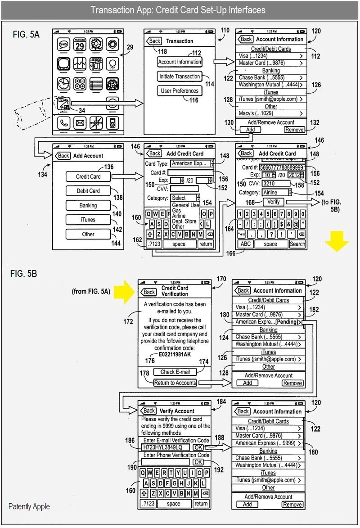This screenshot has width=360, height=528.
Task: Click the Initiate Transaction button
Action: click(x=180, y=77)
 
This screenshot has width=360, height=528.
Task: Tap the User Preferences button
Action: click(x=180, y=91)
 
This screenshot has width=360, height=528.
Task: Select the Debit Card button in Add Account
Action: click(x=88, y=191)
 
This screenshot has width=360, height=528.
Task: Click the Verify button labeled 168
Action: click(x=273, y=202)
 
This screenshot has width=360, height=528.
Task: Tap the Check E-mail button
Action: click(x=175, y=372)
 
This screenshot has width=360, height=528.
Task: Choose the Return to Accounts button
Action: click(x=175, y=383)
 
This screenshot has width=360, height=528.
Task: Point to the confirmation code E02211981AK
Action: click(x=175, y=354)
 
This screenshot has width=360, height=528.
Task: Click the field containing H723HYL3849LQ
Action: click(x=166, y=447)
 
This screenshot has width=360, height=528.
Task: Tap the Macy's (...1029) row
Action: click(x=270, y=113)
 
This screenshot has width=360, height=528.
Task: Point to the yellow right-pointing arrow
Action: click(x=123, y=291)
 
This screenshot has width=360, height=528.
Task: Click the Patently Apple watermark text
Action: click(x=29, y=506)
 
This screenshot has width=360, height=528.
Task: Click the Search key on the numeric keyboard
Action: click(x=297, y=244)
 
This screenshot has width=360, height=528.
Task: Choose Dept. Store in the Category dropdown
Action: click(x=184, y=221)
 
